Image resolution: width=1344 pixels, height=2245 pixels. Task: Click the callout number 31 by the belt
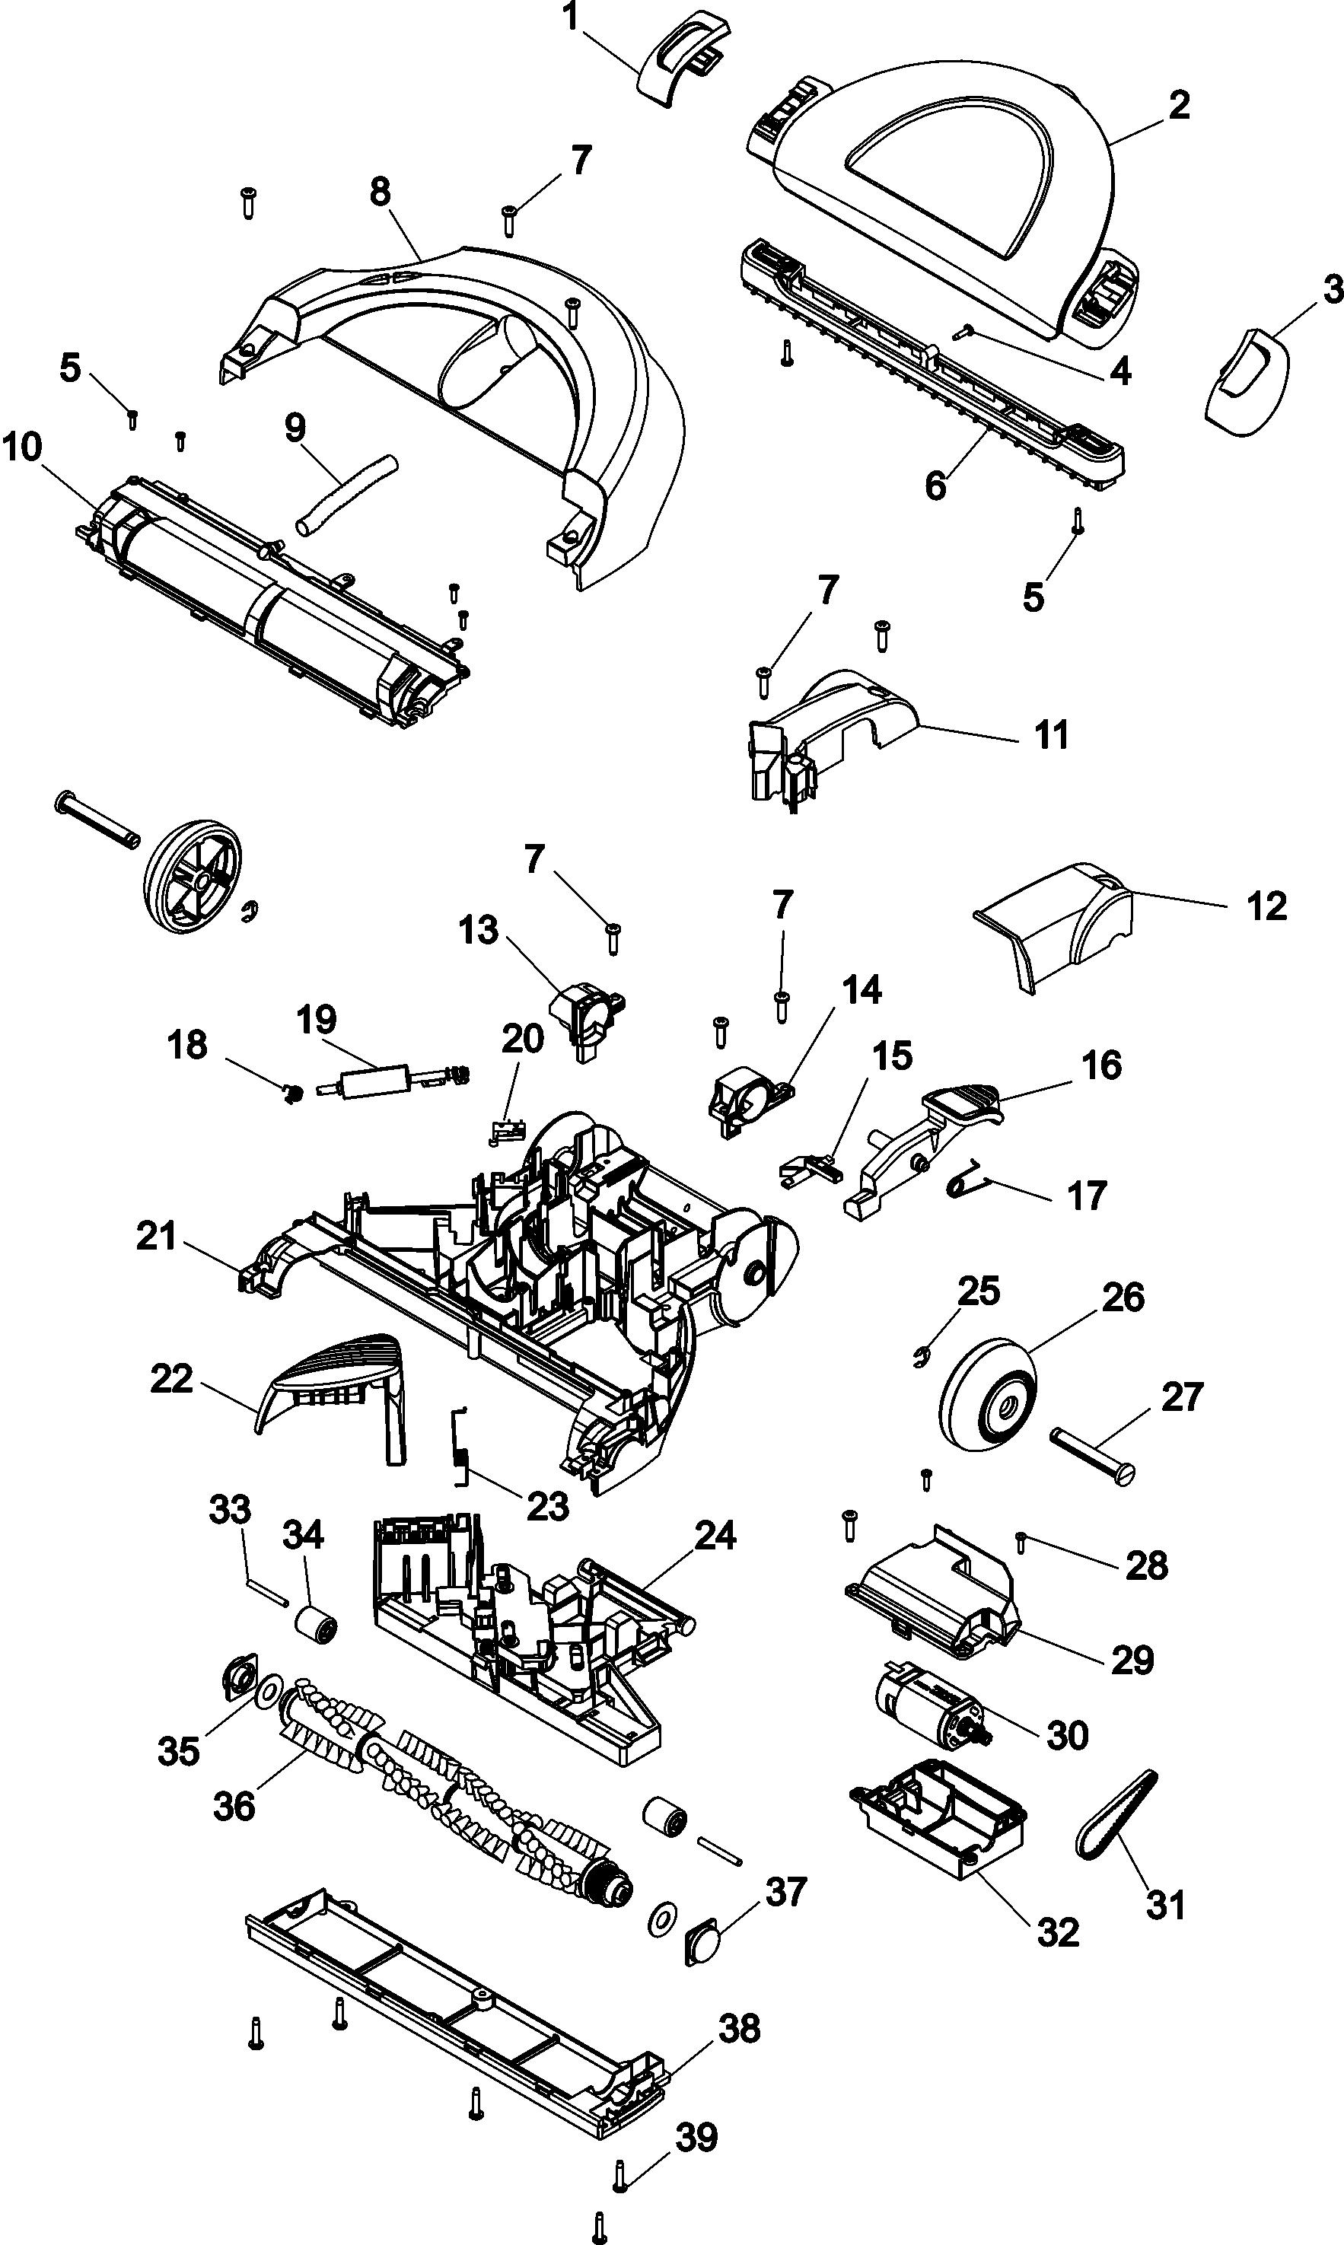pos(1166,1906)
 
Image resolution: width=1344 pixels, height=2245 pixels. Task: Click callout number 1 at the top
pos(572,18)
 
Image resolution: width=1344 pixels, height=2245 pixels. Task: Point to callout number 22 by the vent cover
pos(171,1379)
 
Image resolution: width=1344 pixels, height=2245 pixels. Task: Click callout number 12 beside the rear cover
pos(1266,906)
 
